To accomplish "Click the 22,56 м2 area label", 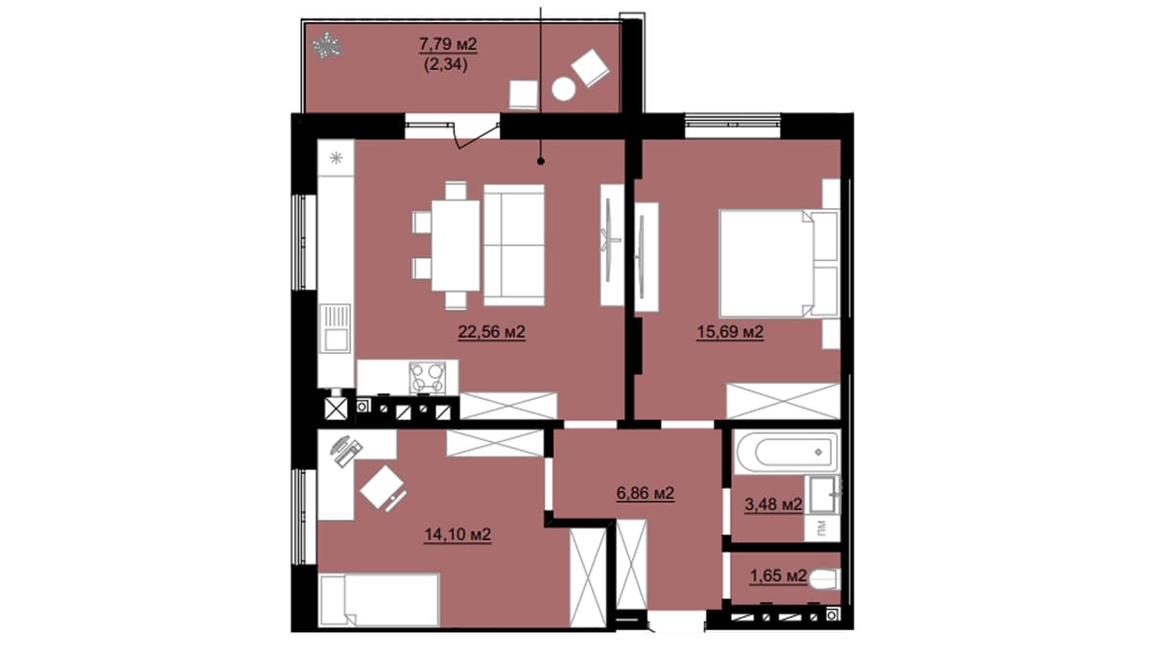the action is (x=491, y=332).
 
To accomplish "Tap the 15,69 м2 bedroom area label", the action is (x=730, y=332).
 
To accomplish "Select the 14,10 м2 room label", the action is (x=458, y=534).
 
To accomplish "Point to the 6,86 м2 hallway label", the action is (x=646, y=493).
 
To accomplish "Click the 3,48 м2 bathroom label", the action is (x=773, y=505).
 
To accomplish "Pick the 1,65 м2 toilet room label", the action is (x=778, y=576).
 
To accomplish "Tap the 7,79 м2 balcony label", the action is (x=448, y=44).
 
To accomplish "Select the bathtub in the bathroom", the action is (x=787, y=452).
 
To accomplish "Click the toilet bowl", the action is (x=825, y=580).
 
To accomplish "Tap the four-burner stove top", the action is (x=427, y=378).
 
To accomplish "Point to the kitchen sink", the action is (x=335, y=328).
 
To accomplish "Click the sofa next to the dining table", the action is (x=514, y=245).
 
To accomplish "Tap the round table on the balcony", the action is (x=563, y=89).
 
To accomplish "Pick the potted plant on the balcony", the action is (x=327, y=46).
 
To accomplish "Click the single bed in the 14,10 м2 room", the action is (x=379, y=599).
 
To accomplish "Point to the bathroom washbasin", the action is (x=824, y=495).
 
